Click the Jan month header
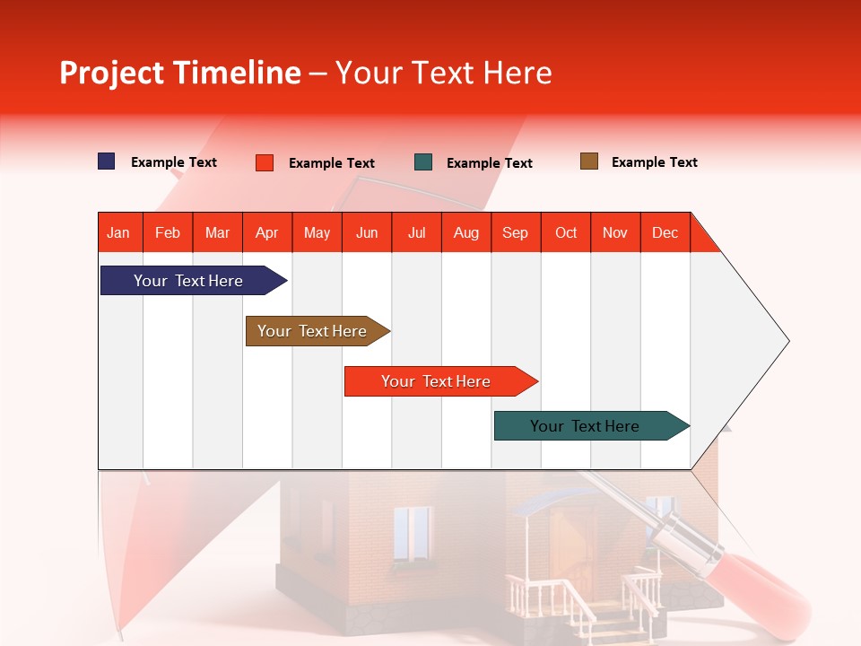118,233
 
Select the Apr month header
267,233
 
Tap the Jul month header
416,233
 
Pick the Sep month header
515,233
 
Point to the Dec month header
665,233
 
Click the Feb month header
168,233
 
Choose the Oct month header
565,233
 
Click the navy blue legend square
107,161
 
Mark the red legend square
265,162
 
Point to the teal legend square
423,162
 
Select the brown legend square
589,161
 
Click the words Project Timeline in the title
179,73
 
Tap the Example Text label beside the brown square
654,162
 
